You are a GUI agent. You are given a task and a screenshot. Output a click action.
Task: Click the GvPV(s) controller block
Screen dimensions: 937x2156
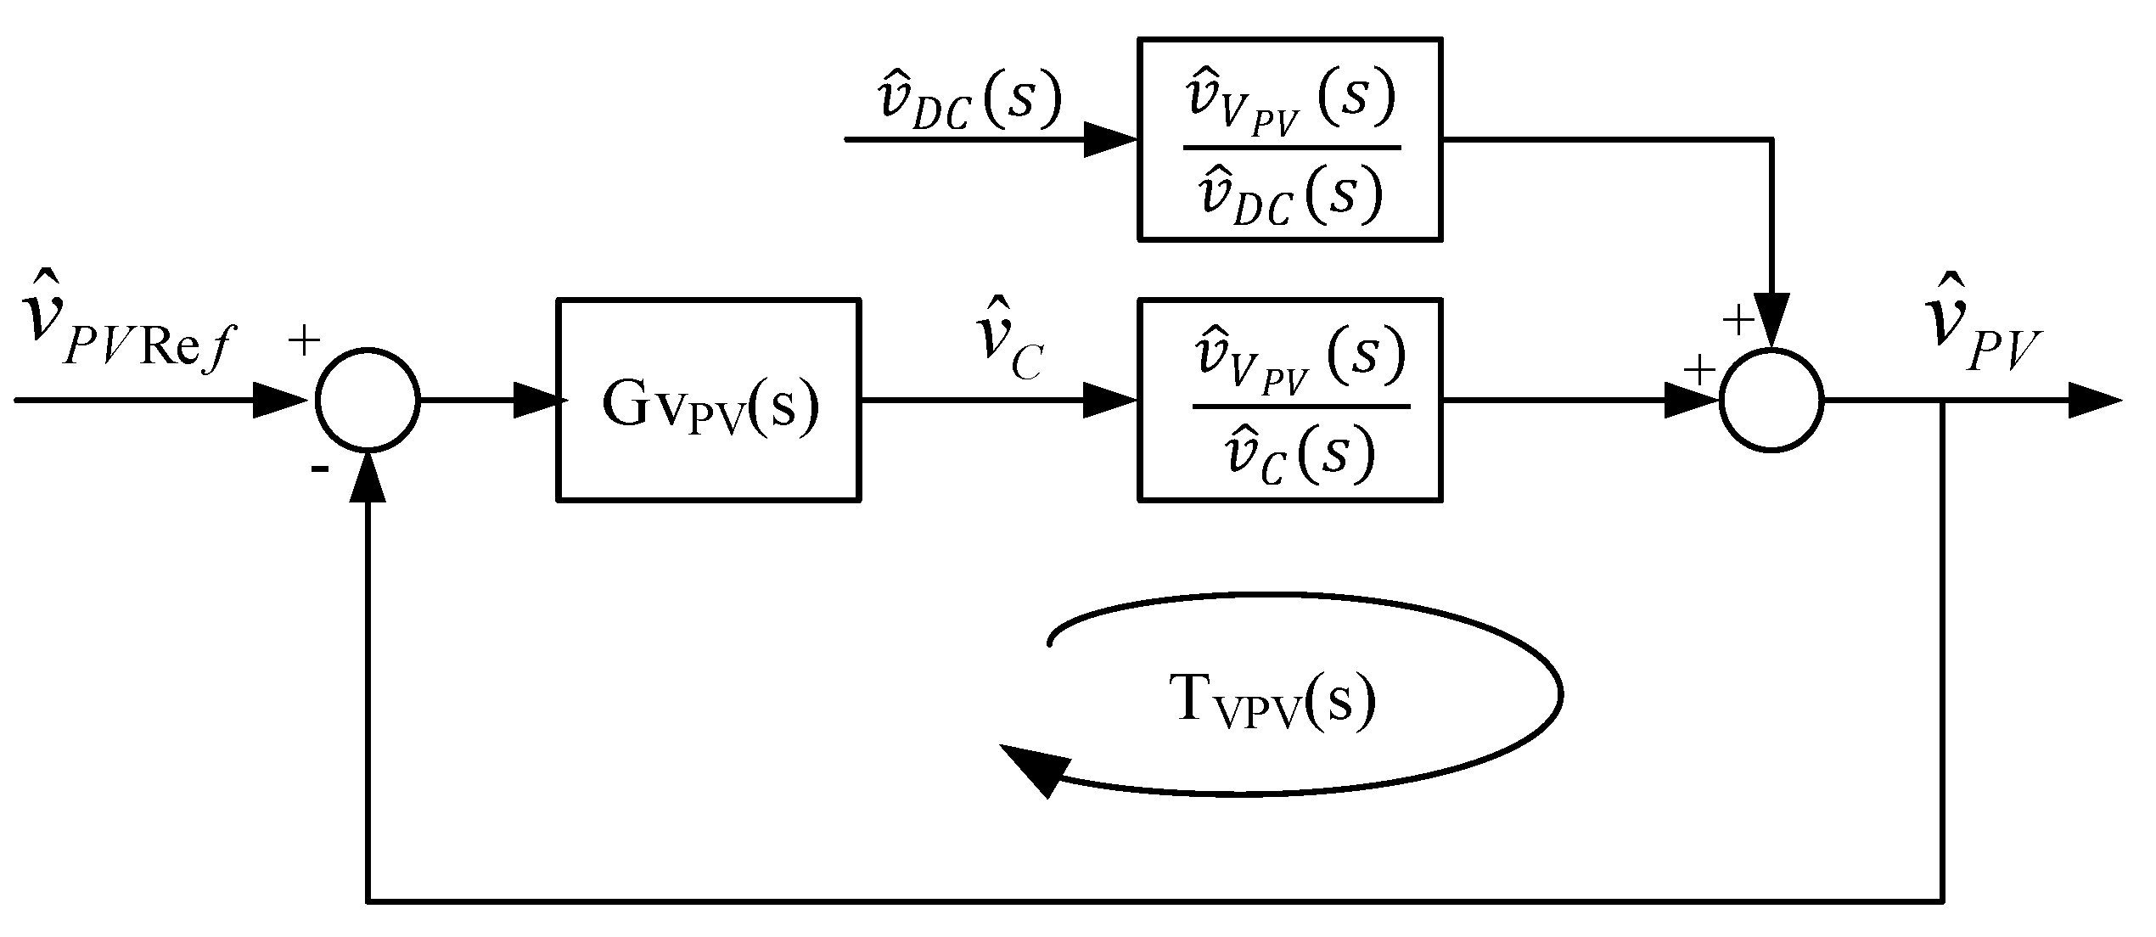709,400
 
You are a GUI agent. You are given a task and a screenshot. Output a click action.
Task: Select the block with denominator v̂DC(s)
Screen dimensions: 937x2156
1289,139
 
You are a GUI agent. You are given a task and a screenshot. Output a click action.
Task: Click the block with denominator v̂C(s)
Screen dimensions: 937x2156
1289,400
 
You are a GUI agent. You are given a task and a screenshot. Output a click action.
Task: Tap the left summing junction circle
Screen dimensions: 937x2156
368,400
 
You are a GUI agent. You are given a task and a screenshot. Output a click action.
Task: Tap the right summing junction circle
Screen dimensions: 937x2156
1771,400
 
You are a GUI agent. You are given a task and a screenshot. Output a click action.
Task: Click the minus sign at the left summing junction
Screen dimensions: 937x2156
319,468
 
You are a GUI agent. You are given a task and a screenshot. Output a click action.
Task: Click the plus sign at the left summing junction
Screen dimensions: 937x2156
304,341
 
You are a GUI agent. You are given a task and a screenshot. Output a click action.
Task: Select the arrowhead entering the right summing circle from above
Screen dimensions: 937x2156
1771,321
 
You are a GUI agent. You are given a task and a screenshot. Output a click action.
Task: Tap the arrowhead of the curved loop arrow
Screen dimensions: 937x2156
1031,768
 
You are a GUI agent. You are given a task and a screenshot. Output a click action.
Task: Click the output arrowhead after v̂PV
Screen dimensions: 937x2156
2093,400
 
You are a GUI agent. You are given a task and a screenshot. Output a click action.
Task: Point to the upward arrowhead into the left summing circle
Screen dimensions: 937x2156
368,477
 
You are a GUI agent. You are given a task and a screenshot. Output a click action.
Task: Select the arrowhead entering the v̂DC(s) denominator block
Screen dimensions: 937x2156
1110,139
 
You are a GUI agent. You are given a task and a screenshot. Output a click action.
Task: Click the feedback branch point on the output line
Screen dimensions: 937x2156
1942,400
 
